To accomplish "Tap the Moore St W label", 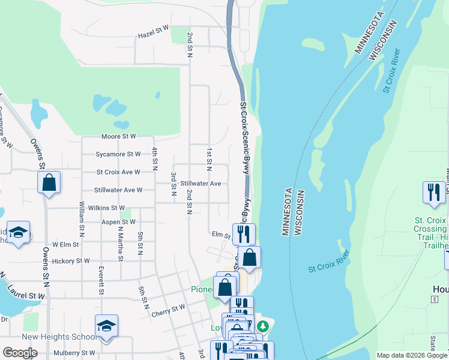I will pyautogui.click(x=119, y=137).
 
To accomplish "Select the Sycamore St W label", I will pyautogui.click(x=118, y=154).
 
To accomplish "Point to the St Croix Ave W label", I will pyautogui.click(x=118, y=172).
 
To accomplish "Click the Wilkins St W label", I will pyautogui.click(x=105, y=208).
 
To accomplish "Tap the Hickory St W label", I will pyautogui.click(x=71, y=261).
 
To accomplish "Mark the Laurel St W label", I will pyautogui.click(x=27, y=296).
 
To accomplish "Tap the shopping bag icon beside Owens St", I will pyautogui.click(x=49, y=182).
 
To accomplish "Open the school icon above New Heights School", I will pyautogui.click(x=106, y=326).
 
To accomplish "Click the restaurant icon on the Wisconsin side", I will pyautogui.click(x=434, y=192).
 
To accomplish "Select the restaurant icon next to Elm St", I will pyautogui.click(x=244, y=233).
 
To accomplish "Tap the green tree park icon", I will pyautogui.click(x=262, y=326).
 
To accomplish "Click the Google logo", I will pyautogui.click(x=20, y=353).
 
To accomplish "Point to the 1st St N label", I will pyautogui.click(x=209, y=157).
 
